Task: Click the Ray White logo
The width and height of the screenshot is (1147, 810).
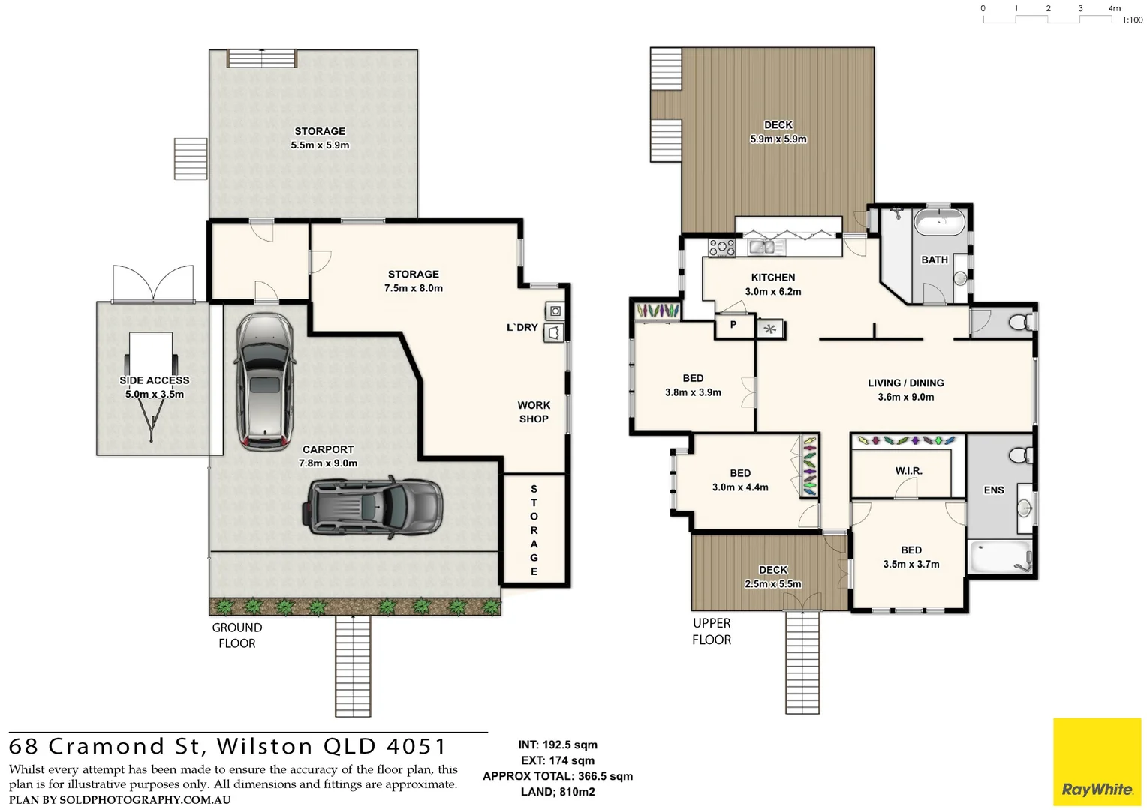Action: click(1097, 762)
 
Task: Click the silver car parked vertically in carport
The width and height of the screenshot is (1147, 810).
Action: click(264, 382)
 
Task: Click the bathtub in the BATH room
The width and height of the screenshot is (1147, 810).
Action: click(940, 223)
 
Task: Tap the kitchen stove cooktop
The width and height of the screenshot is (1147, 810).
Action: click(722, 247)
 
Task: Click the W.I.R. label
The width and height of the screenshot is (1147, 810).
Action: click(908, 471)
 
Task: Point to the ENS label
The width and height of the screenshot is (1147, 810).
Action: click(993, 490)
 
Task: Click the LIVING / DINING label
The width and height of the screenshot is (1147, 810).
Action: click(905, 382)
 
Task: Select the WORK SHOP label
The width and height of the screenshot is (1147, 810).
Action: click(534, 412)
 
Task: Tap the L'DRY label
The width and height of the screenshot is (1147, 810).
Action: click(522, 327)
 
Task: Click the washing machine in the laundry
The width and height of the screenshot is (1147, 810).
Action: click(555, 310)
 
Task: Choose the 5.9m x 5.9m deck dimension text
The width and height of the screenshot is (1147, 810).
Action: click(778, 139)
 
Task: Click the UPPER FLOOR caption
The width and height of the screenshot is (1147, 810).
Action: click(711, 631)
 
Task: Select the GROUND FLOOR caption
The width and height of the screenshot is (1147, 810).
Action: click(236, 635)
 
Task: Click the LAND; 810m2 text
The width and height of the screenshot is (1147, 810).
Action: click(557, 792)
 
